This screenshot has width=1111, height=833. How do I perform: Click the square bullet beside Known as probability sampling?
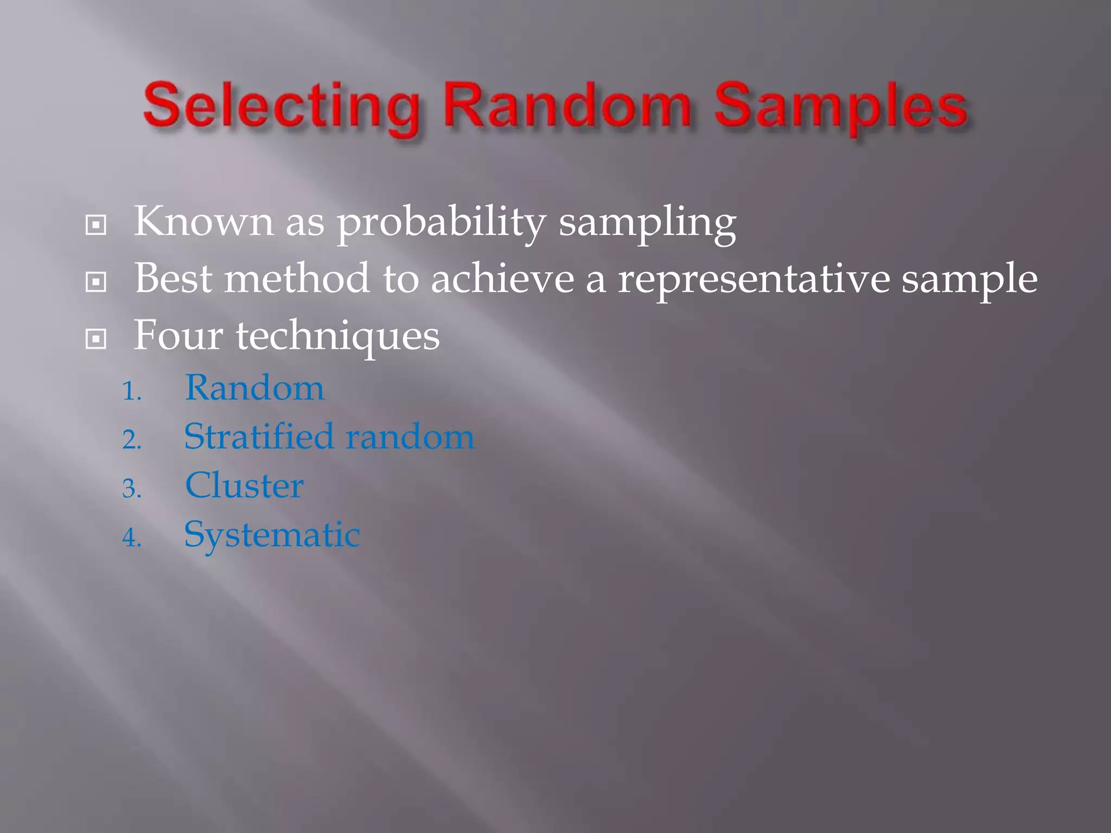coord(96,225)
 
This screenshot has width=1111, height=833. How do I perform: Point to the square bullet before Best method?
coord(96,281)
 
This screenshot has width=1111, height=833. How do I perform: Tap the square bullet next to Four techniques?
coord(96,339)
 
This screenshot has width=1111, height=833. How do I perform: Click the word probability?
coord(441,222)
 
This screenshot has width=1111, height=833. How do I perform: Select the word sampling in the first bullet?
coord(647,222)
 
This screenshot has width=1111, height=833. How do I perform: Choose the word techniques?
coord(337,336)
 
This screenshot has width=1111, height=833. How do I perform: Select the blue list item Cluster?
coord(244,485)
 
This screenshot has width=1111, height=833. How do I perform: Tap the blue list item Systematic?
coord(272,535)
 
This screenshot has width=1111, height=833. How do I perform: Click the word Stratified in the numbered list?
coord(259,437)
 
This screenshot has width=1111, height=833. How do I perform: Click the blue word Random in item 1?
coord(254,388)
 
